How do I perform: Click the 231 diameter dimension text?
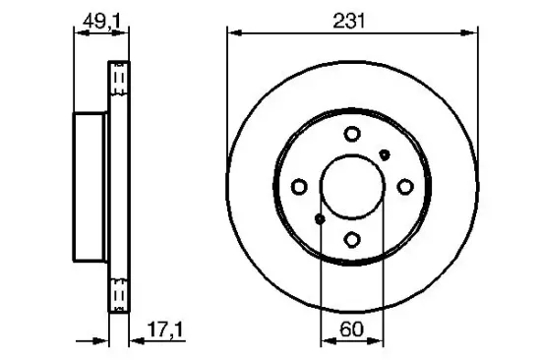point(352,19)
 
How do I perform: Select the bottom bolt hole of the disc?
point(352,238)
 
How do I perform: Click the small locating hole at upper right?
point(385,154)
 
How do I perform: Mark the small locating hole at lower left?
point(320,219)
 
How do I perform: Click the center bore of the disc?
point(352,187)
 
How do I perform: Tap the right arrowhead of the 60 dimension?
point(377,340)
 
